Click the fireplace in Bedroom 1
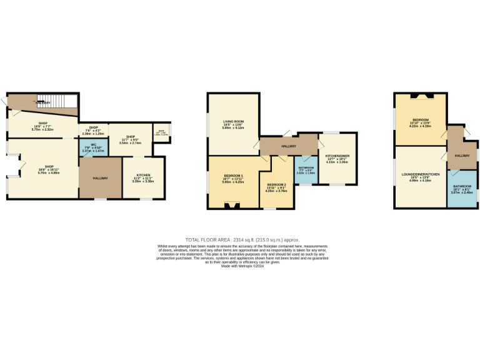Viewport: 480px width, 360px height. coord(233,204)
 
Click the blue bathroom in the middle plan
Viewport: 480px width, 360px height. coord(305,171)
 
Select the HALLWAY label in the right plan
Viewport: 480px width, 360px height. coord(462,156)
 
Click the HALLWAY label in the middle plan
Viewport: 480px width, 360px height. coord(288,146)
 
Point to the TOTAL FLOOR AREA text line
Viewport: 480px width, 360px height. coord(242,239)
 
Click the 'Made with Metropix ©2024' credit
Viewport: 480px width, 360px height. coord(242,266)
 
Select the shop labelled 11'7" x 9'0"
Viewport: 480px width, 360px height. coord(131,139)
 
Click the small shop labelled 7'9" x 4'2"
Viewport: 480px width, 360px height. coord(93,130)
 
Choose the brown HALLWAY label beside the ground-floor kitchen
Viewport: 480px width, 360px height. coord(100,178)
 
